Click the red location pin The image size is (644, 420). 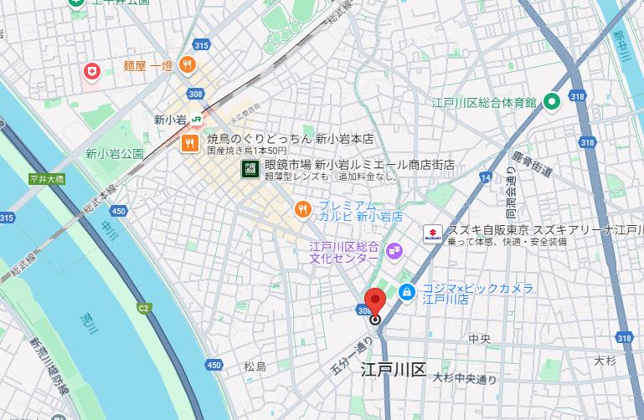click(374, 301)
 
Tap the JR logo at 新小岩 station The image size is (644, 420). click(195, 119)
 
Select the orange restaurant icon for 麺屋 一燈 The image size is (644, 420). click(189, 64)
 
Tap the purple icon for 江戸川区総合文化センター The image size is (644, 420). click(394, 251)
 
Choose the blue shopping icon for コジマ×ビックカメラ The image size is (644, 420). click(406, 292)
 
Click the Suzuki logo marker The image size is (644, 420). click(432, 234)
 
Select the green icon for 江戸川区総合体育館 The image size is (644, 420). click(551, 102)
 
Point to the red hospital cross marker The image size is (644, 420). click(91, 73)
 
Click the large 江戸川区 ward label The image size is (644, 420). click(394, 369)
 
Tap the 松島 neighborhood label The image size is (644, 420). click(255, 366)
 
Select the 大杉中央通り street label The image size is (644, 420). click(465, 378)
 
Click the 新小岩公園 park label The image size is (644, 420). click(115, 154)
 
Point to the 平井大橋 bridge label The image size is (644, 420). click(46, 179)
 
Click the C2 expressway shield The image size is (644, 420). click(144, 308)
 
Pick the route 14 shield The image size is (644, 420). click(486, 177)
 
